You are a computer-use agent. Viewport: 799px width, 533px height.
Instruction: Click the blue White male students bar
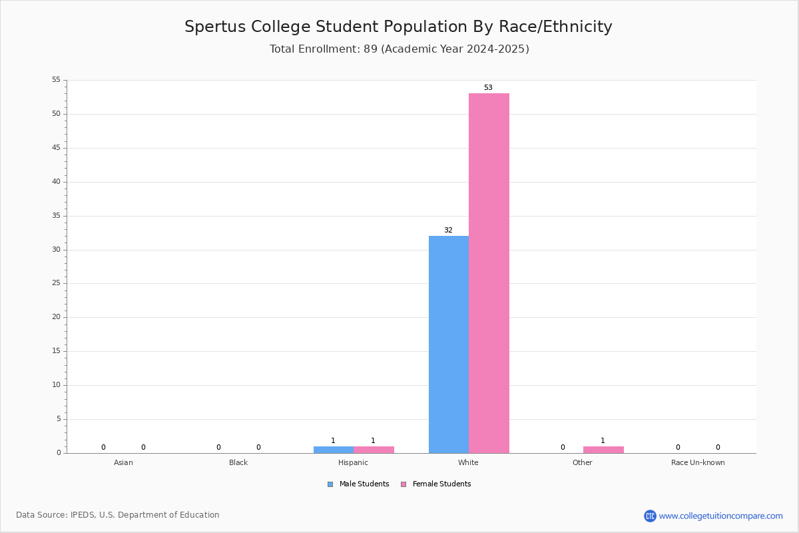click(x=449, y=344)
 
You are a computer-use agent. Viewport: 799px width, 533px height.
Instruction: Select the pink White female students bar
click(x=489, y=273)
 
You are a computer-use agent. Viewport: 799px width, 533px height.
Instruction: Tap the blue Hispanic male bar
click(x=334, y=450)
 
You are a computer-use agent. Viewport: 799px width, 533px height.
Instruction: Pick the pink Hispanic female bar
click(x=374, y=450)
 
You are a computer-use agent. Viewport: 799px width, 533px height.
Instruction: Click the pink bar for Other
click(x=603, y=450)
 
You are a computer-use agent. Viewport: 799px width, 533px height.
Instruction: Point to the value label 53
click(x=488, y=87)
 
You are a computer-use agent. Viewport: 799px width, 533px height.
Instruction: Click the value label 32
click(x=448, y=231)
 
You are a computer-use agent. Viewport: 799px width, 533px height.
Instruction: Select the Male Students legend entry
click(x=358, y=484)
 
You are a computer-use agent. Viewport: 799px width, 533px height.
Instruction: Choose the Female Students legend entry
click(x=436, y=484)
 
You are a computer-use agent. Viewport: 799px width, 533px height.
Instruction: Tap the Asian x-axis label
click(x=123, y=462)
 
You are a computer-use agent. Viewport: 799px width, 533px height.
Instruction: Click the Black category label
click(x=238, y=462)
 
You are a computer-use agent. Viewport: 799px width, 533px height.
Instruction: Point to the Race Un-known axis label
click(x=698, y=462)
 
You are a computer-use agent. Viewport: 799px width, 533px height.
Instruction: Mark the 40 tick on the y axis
click(x=57, y=182)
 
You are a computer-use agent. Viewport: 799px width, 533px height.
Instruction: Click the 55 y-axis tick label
click(x=57, y=79)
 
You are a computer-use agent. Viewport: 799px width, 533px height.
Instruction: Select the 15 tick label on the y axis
click(x=57, y=351)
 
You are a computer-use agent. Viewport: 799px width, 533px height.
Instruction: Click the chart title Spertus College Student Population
click(x=398, y=27)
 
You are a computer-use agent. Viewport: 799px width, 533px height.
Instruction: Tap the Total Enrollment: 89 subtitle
click(x=399, y=49)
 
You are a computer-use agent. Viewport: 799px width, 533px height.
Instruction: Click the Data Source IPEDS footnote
click(x=118, y=515)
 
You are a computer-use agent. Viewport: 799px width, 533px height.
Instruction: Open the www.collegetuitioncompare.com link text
click(x=720, y=516)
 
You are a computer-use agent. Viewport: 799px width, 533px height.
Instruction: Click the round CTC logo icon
click(x=650, y=516)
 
